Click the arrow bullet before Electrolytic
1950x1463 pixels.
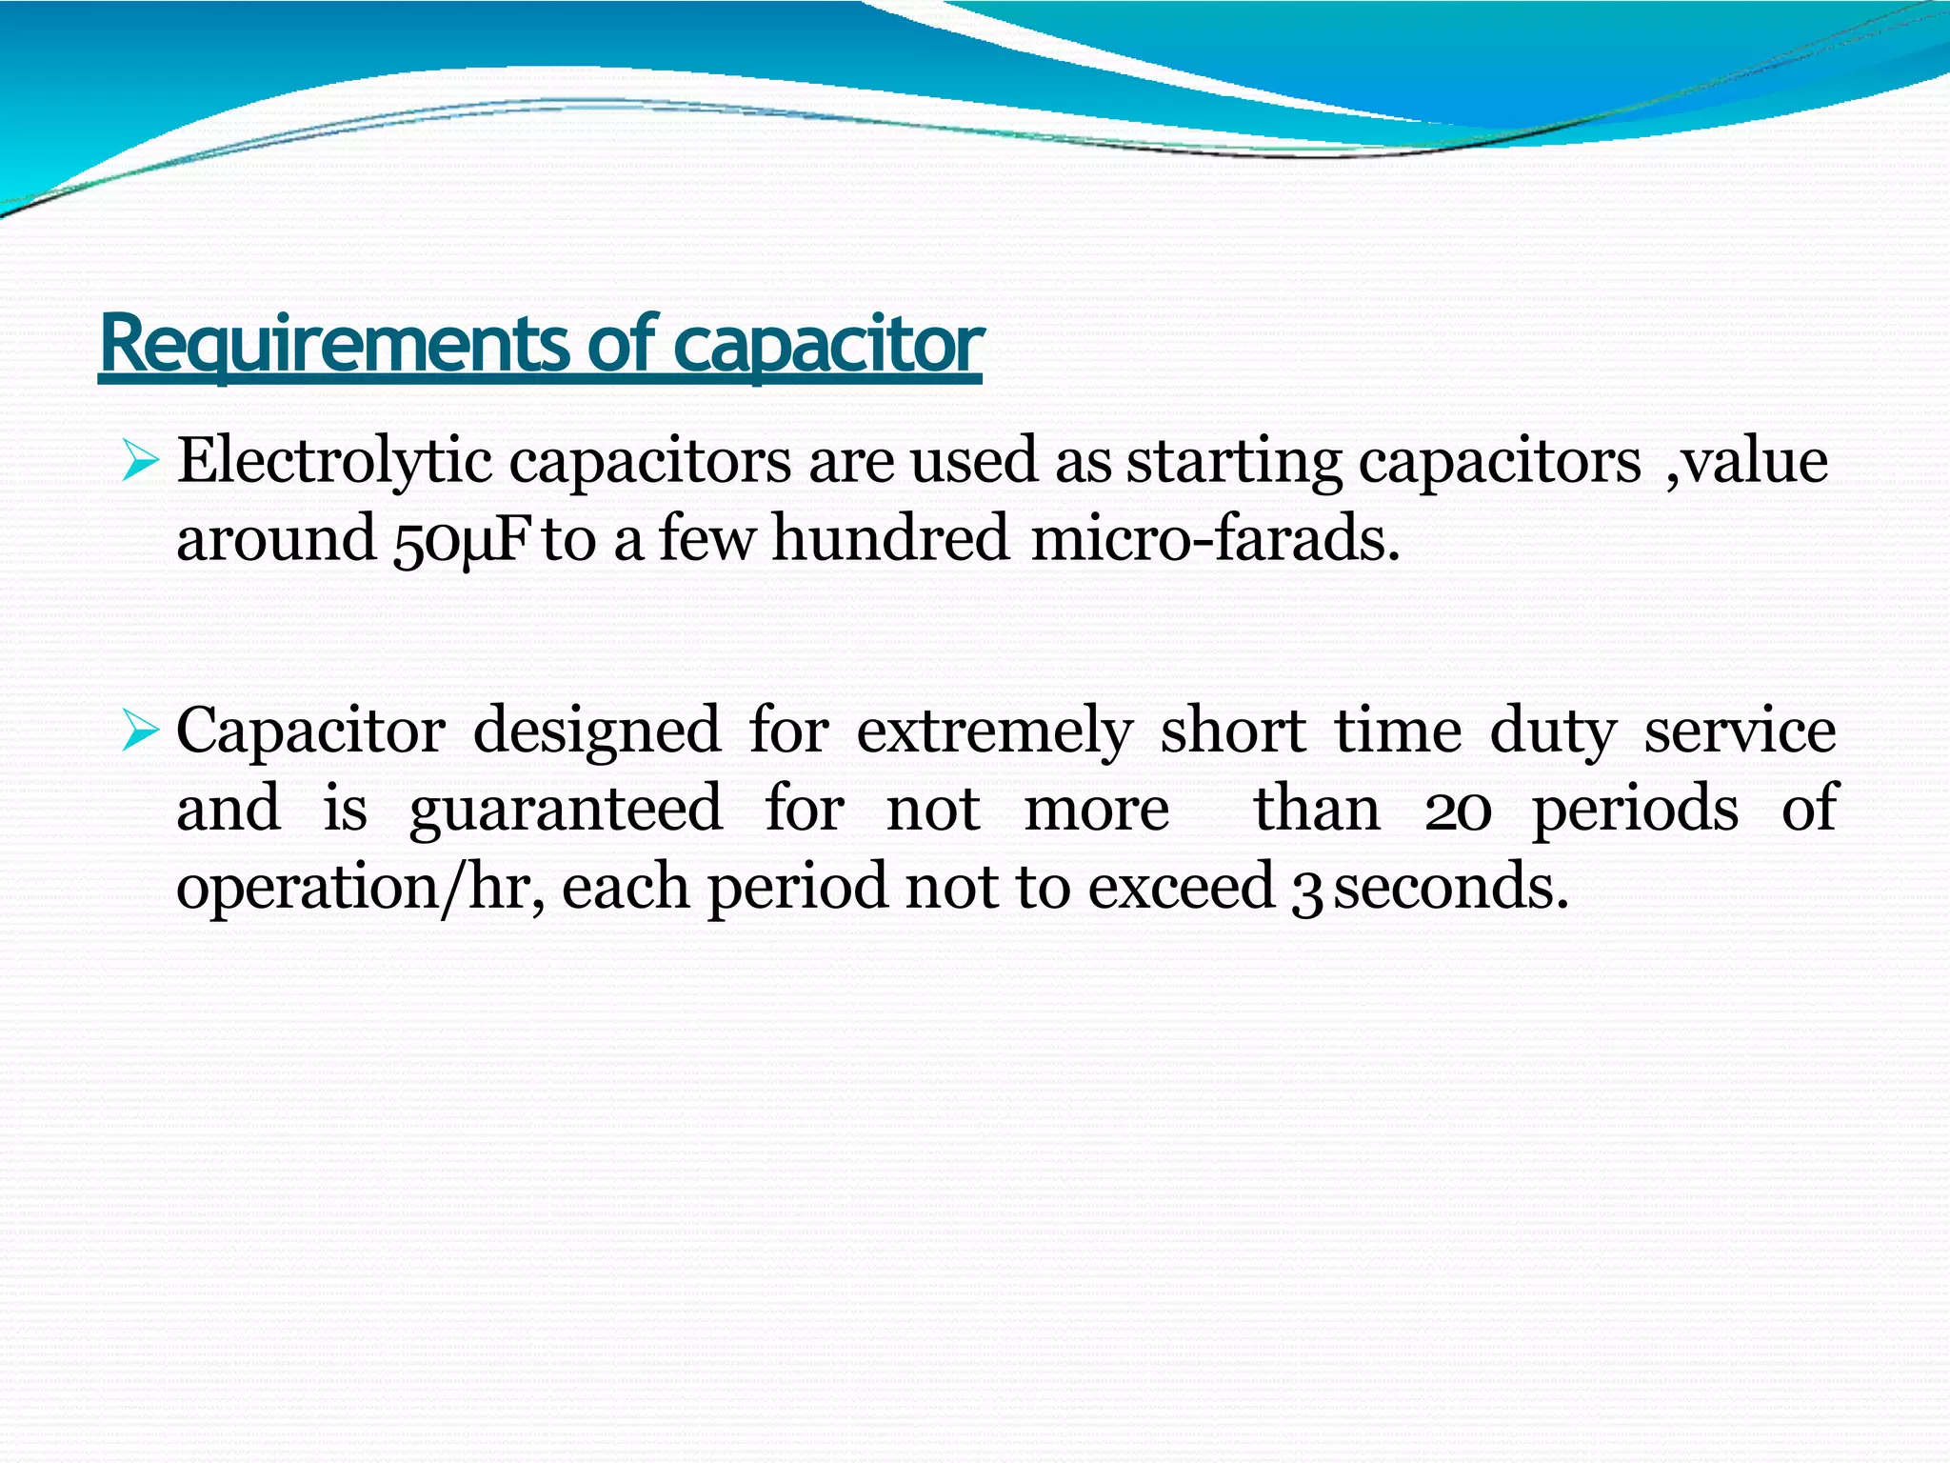click(139, 464)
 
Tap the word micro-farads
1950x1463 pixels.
click(1215, 538)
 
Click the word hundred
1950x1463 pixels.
click(889, 538)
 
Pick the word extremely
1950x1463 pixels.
click(995, 732)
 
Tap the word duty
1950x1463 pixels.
click(1553, 732)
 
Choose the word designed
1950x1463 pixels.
click(596, 732)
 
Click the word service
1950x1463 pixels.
click(1741, 732)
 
